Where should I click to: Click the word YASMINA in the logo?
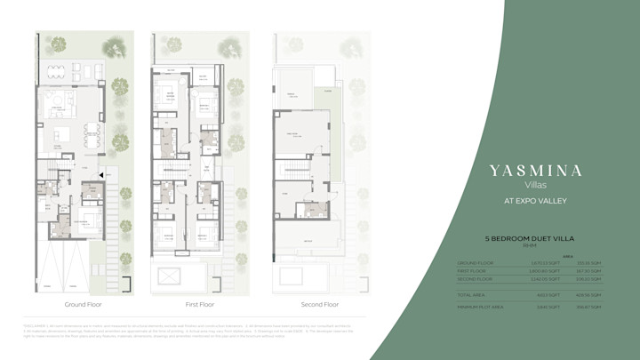point(536,170)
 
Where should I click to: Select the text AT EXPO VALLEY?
point(536,201)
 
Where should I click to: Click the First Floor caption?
point(198,304)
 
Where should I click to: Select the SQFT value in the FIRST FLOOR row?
point(542,270)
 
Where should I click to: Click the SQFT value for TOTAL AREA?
point(548,294)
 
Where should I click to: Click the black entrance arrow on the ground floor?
point(104,175)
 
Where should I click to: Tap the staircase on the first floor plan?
point(177,168)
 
